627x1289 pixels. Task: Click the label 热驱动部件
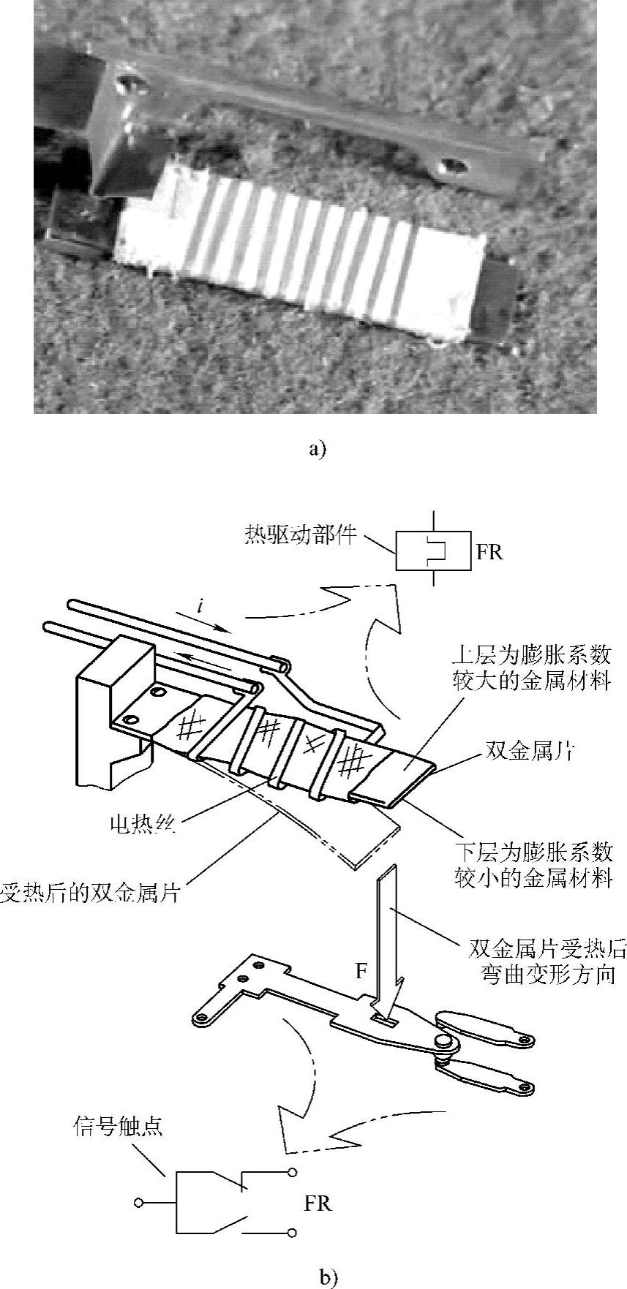300,535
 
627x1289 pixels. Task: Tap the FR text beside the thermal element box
489,551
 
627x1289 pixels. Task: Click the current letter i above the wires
200,605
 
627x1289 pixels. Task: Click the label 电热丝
144,825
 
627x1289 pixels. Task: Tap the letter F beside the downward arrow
361,971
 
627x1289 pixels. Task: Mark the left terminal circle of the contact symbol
139,1202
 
